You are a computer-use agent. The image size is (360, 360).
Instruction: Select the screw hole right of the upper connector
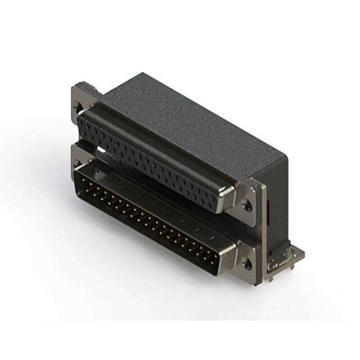tap(247, 206)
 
